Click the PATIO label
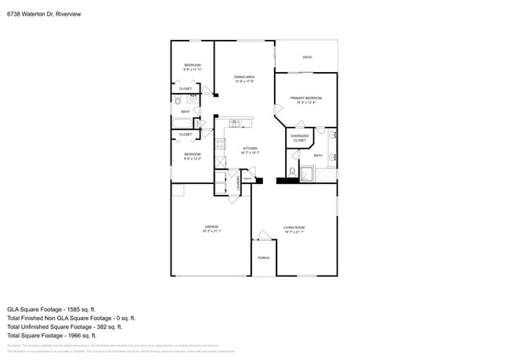pos(307,57)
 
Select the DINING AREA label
pos(244,76)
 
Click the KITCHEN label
pos(250,148)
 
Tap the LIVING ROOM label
pos(294,227)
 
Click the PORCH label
pos(263,257)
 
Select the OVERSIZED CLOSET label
pos(299,139)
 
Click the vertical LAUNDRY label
pos(239,183)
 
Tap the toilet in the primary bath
pos(292,171)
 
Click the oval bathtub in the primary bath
pos(325,176)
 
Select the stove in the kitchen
pos(221,143)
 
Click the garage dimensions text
pos(211,232)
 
